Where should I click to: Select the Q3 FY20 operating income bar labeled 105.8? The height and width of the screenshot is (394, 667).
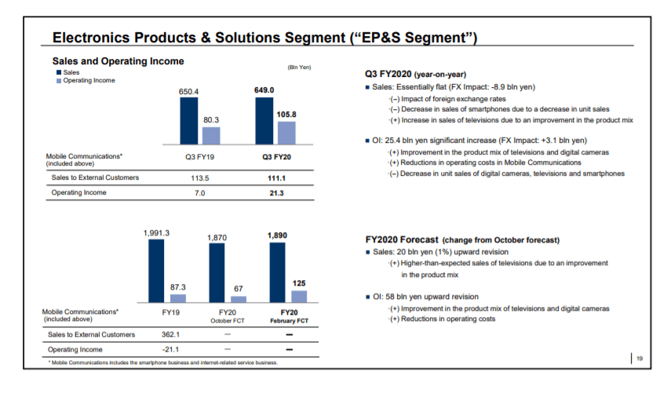click(x=286, y=133)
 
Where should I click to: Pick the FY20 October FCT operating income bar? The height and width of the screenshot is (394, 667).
click(x=238, y=298)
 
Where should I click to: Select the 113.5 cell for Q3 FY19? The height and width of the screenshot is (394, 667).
click(x=189, y=178)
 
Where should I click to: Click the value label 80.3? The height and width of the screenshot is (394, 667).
click(x=211, y=120)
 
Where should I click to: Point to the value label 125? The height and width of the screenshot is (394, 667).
click(x=299, y=283)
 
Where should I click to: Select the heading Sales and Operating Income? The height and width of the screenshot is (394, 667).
click(x=118, y=60)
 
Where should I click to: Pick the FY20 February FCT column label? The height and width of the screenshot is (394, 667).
click(x=287, y=316)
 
